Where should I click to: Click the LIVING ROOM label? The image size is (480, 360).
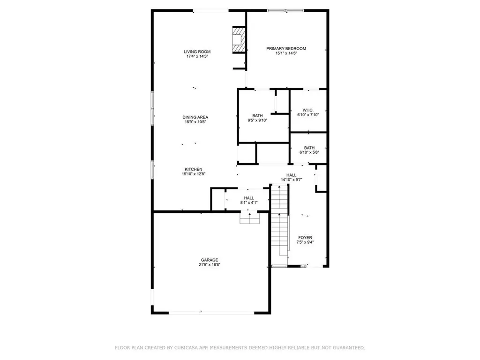[x=197, y=52]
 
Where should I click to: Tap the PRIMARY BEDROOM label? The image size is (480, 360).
[x=286, y=48]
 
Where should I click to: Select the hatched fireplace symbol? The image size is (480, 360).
[x=239, y=39]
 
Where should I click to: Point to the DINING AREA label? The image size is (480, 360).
[x=195, y=117]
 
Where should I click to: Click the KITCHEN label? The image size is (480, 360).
[x=193, y=169]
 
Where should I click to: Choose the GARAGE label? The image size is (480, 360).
[x=210, y=260]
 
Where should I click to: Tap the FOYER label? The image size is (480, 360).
[x=305, y=238]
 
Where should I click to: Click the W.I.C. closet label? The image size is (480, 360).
[x=308, y=110]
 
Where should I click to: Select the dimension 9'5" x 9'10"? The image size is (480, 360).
[x=257, y=120]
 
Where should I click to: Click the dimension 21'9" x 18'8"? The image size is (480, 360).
[x=210, y=264]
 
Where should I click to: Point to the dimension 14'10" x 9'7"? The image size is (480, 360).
[x=291, y=180]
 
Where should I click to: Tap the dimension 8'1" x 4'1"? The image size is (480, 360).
[x=248, y=202]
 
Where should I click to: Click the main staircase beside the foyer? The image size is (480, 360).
[x=279, y=220]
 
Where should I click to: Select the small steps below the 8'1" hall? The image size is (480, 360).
[x=249, y=218]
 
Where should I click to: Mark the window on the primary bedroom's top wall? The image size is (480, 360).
[x=285, y=10]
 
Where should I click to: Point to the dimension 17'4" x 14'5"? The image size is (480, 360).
[x=197, y=56]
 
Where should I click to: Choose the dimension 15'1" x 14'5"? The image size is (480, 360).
[x=286, y=53]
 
